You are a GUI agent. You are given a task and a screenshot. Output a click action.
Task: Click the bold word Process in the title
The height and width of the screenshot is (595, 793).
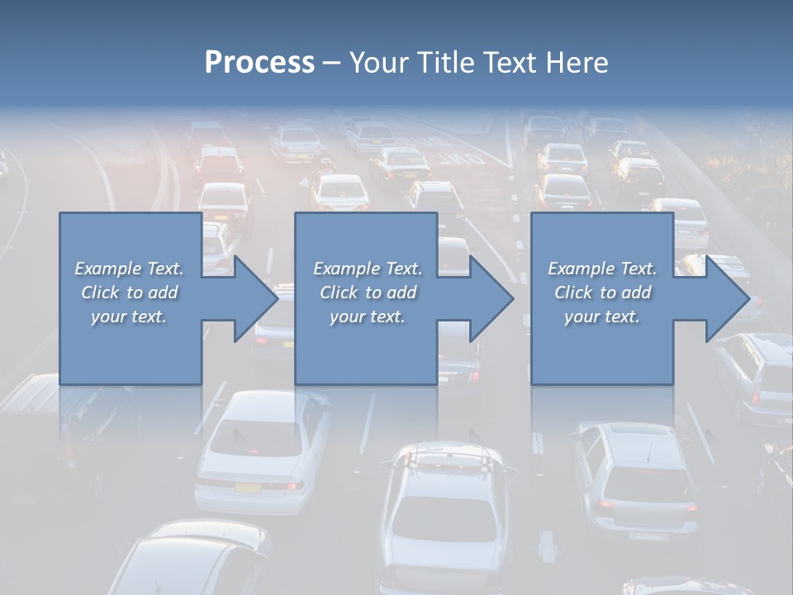[259, 62]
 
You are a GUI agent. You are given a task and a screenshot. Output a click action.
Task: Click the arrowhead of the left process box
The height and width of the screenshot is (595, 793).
[256, 298]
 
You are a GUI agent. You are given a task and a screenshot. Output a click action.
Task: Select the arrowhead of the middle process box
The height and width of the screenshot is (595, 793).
[491, 298]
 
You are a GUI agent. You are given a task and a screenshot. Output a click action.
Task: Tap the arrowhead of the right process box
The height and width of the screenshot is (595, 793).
[728, 298]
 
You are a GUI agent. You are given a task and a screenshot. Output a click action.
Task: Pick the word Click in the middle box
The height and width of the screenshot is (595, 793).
[338, 293]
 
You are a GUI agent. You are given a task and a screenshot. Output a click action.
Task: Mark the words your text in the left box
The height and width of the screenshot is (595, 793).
[130, 317]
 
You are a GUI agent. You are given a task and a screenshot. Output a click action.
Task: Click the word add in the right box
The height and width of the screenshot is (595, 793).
[636, 293]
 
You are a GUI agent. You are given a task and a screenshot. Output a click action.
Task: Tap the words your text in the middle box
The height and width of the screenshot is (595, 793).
[368, 317]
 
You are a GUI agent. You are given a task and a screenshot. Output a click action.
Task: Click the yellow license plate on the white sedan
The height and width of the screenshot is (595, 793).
[247, 487]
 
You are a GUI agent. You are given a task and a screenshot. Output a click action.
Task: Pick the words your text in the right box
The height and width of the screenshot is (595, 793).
[602, 317]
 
